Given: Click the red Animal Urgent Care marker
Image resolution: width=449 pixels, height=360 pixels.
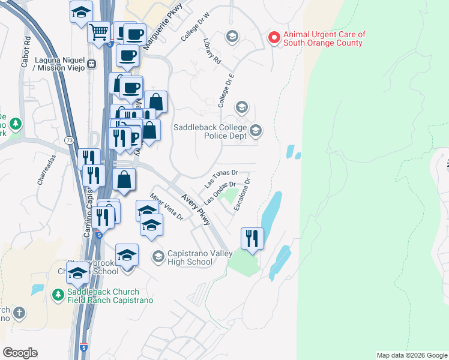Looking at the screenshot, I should click(x=274, y=38).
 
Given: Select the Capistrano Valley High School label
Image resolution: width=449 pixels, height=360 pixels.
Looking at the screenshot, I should click(x=200, y=257).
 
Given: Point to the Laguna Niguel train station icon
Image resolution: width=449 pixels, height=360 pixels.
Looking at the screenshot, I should click(x=92, y=64).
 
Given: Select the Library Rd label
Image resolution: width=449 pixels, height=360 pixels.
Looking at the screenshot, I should click(x=212, y=52).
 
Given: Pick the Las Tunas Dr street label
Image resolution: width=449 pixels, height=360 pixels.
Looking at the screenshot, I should click(x=221, y=176).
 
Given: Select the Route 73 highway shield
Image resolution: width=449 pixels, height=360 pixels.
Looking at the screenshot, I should click(x=70, y=140).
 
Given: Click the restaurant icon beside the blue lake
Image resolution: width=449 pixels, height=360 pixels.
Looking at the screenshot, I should click(x=252, y=238).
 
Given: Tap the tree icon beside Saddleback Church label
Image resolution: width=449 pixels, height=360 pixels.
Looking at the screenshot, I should click(x=58, y=295).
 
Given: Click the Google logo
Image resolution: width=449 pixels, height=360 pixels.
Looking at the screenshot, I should click(x=20, y=353).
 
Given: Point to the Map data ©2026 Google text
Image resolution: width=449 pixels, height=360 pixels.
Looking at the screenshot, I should click(x=411, y=355).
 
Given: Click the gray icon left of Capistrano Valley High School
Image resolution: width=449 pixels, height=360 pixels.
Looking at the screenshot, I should click(x=158, y=256).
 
